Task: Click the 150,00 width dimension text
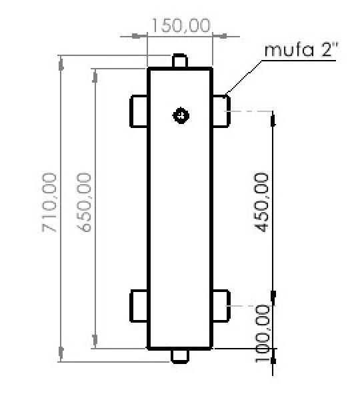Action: pos(181,26)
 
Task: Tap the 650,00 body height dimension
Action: pos(85,202)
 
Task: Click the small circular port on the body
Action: pos(180,115)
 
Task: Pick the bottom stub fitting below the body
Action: pos(180,355)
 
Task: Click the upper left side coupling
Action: pos(139,111)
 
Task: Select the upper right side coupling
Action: pos(221,111)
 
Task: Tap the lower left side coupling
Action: pos(139,306)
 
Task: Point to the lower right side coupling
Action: pos(221,306)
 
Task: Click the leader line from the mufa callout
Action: pos(245,77)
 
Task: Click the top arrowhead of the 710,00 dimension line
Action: pos(62,63)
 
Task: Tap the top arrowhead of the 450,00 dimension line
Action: pos(273,119)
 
